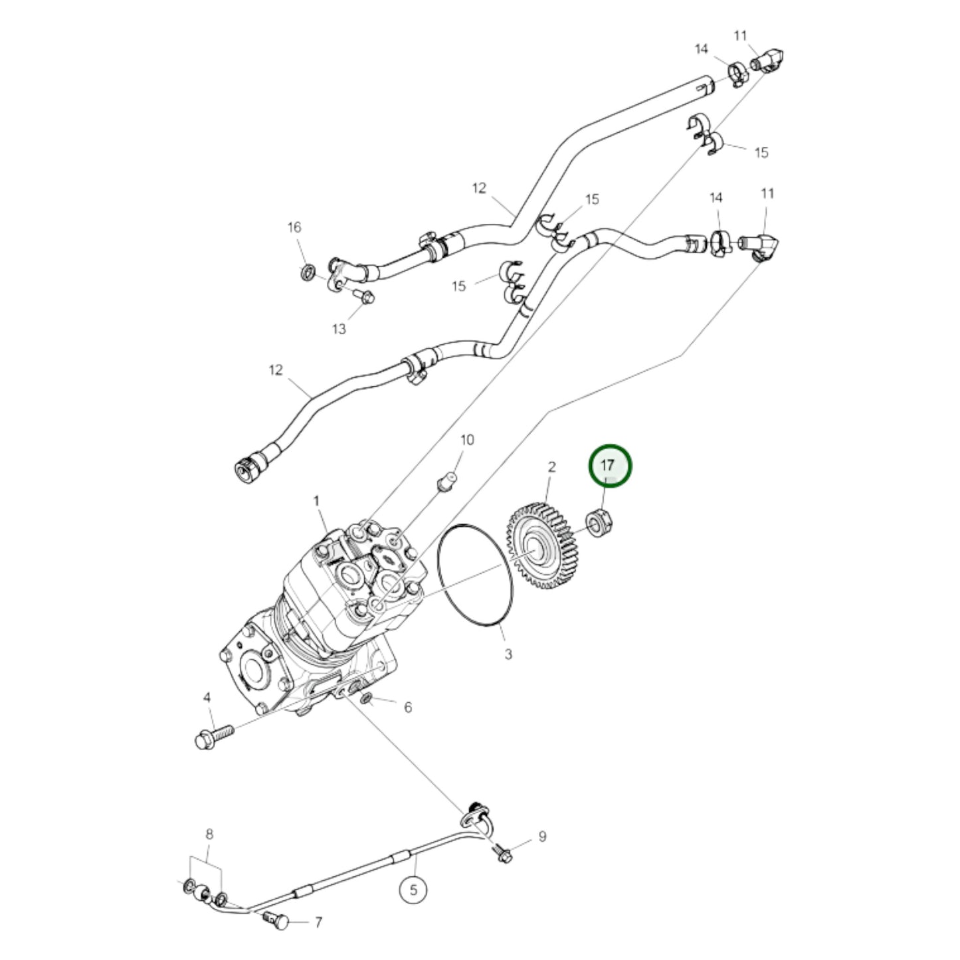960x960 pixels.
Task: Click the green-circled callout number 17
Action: (608, 466)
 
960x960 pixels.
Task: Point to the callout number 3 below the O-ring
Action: (508, 654)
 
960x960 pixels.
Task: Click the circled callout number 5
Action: (414, 890)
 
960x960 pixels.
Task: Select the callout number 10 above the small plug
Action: (467, 440)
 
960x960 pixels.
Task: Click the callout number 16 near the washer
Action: (294, 227)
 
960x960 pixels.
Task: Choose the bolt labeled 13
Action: (363, 297)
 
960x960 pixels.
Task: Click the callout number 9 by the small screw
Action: (542, 836)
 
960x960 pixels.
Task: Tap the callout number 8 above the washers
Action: (209, 834)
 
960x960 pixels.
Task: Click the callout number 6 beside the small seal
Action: (407, 708)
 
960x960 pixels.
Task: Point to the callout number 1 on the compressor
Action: (317, 500)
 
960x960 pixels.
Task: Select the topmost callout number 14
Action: (702, 49)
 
